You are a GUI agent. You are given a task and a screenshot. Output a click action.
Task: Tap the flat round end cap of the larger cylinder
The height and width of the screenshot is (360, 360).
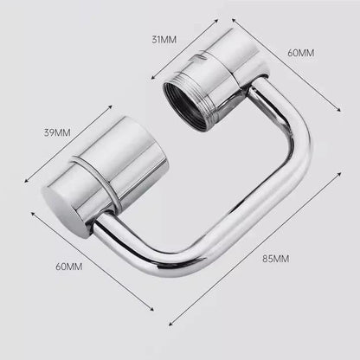[x=63, y=206]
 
